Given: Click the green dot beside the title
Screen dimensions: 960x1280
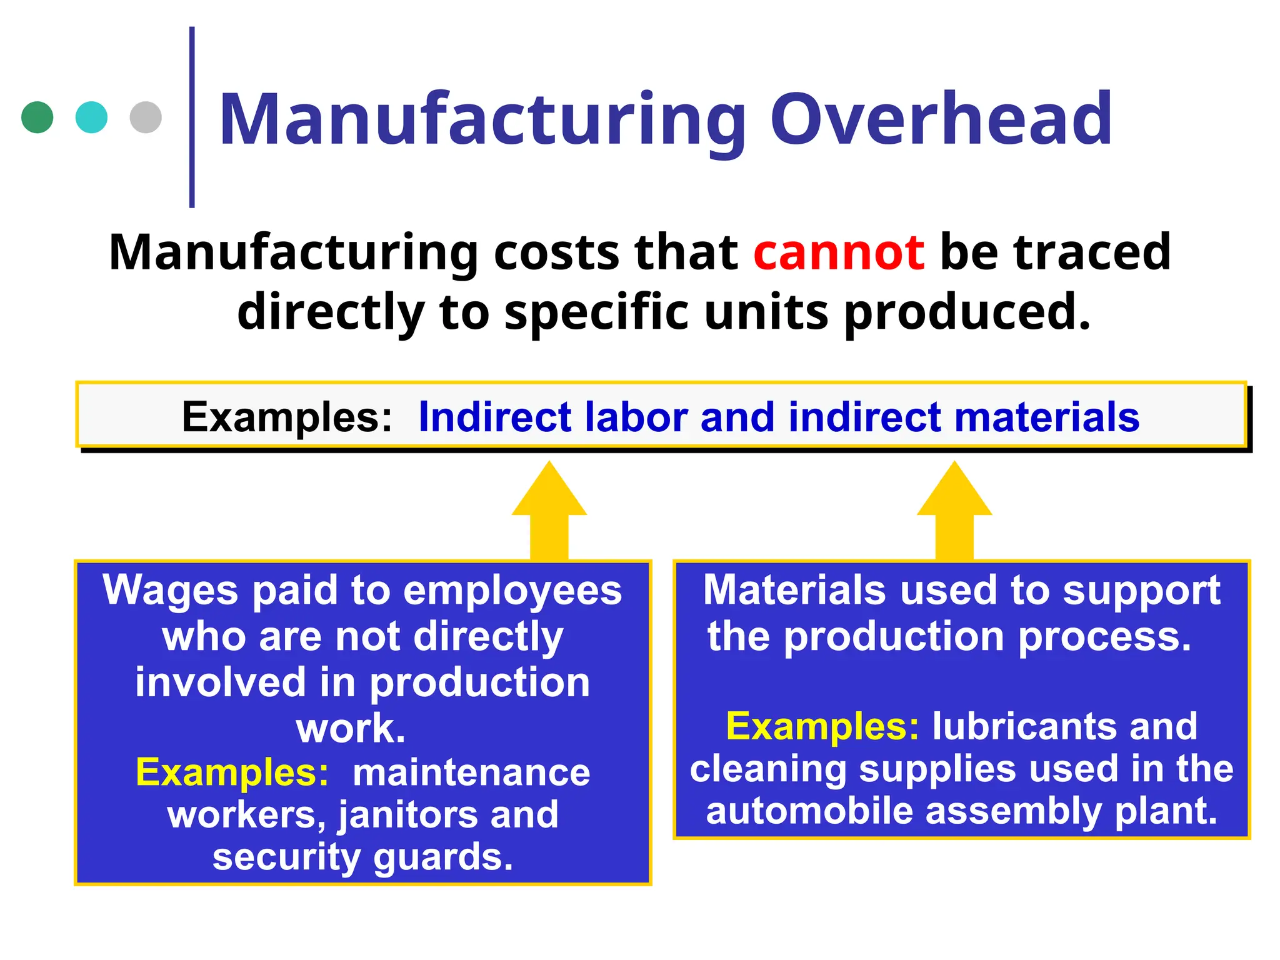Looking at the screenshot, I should click(37, 117).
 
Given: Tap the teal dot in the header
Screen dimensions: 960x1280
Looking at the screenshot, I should click(91, 117).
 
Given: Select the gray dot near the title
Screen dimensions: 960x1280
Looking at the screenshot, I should click(146, 117).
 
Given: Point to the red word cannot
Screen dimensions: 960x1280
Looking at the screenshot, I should click(839, 252).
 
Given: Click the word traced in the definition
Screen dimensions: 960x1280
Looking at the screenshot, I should click(1092, 252).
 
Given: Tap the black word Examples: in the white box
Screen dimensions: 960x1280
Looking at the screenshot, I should click(287, 417).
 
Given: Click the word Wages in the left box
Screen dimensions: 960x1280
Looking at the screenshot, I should click(170, 591).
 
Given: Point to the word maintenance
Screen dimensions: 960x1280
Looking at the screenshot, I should click(471, 772).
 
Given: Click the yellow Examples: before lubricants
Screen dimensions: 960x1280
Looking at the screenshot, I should click(822, 726).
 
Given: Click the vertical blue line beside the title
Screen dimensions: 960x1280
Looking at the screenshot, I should click(192, 117).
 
